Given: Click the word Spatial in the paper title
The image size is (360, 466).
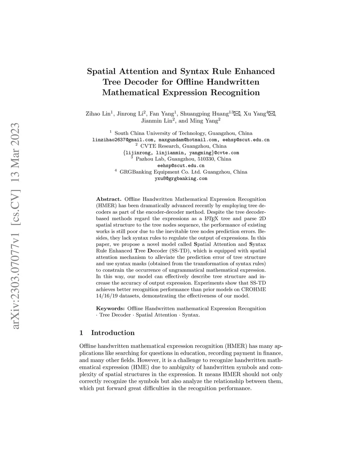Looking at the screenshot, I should (101, 71).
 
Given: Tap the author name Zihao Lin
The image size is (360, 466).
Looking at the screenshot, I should (97, 114).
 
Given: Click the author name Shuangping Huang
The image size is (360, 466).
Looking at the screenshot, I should (204, 114).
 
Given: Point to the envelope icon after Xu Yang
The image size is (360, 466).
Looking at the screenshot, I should (271, 114).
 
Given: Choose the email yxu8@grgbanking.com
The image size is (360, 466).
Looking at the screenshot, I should (181, 178).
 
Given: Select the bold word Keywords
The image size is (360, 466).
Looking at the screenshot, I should (110, 308).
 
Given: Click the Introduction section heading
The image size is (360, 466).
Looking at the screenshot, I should (112, 333).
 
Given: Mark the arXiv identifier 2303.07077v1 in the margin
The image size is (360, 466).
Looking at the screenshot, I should (15, 257).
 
